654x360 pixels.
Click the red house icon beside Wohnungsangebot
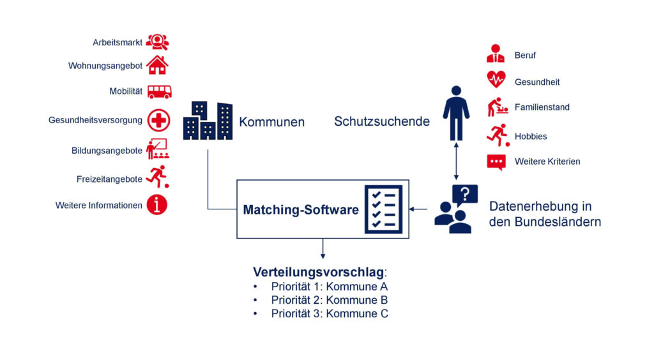[x=157, y=65]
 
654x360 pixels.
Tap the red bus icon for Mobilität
[x=159, y=92]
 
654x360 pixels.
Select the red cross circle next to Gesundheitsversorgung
[x=158, y=121]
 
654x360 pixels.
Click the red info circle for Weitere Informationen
[x=157, y=205]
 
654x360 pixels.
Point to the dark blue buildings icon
[x=208, y=121]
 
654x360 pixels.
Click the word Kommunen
[x=271, y=122]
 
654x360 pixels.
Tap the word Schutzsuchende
[x=382, y=121]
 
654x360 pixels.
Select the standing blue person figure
[x=456, y=113]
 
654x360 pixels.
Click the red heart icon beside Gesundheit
[x=496, y=79]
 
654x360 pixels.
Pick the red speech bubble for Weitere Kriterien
[x=496, y=162]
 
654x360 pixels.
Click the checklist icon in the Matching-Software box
[x=384, y=209]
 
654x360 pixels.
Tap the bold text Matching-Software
[x=301, y=209]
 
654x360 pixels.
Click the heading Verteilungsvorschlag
[x=318, y=272]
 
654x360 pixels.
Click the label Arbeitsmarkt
[x=118, y=43]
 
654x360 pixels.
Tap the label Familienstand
[x=542, y=107]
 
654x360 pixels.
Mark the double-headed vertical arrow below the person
[x=456, y=161]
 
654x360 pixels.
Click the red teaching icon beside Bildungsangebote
[x=158, y=149]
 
